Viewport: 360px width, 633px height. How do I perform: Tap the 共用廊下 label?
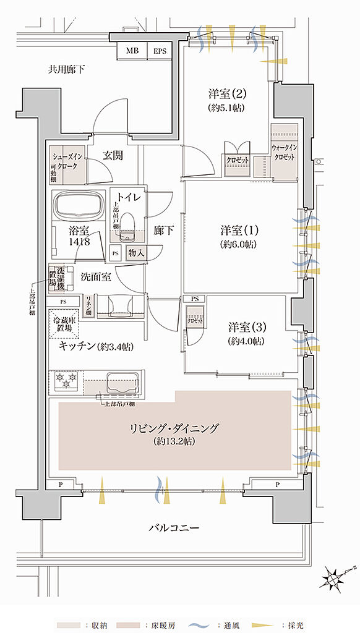coord(67,69)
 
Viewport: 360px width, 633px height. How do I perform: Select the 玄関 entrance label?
coord(111,156)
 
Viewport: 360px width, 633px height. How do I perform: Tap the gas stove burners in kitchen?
coord(65,380)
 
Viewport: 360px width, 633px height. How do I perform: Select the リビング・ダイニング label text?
coord(176,428)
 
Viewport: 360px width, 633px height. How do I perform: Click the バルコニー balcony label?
coord(174,529)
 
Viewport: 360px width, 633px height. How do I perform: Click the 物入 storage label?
coord(135,253)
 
